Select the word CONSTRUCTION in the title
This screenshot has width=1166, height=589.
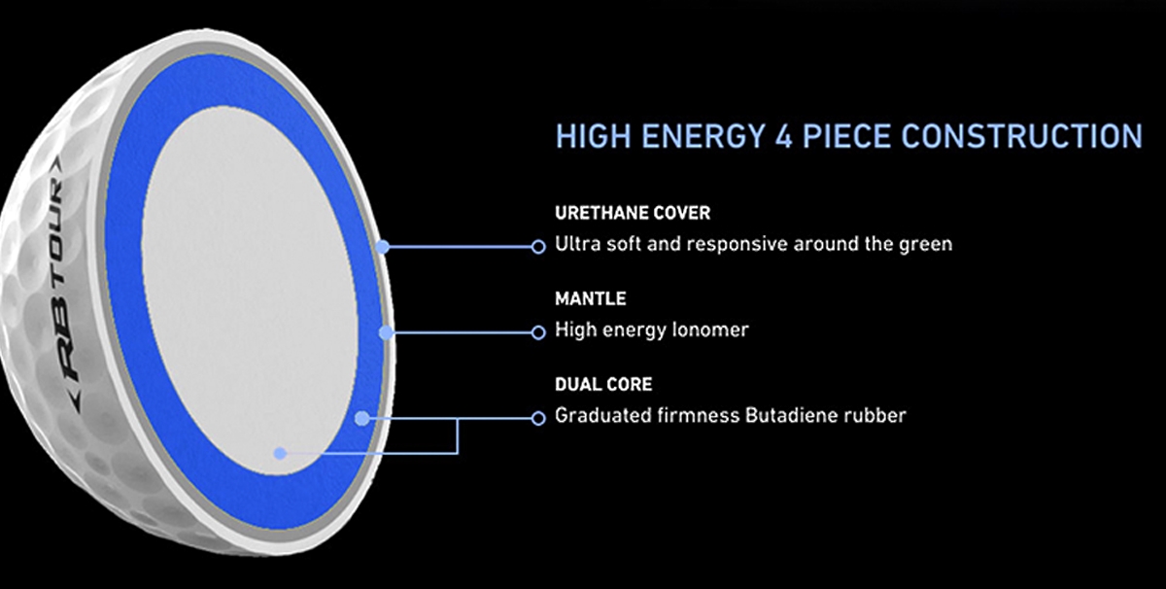(x=1021, y=136)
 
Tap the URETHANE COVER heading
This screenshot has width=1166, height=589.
(x=633, y=213)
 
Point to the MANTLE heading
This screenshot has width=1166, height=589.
(x=591, y=299)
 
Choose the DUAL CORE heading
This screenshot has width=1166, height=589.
(x=603, y=384)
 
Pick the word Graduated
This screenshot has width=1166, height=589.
(x=602, y=416)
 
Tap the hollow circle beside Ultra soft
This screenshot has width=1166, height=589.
(x=538, y=246)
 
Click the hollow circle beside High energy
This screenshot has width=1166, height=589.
(x=538, y=332)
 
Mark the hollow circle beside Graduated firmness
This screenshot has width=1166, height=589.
(x=538, y=418)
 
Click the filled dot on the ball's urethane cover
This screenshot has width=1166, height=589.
(x=383, y=247)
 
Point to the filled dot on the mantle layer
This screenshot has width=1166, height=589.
(x=386, y=332)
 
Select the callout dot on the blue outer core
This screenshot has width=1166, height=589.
(x=362, y=418)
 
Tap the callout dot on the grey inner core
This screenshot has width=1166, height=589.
(x=280, y=453)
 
